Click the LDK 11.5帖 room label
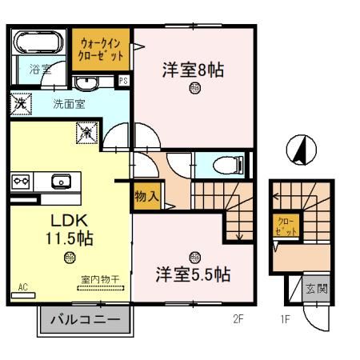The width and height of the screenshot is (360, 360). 70,228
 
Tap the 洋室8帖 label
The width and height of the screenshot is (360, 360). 193,70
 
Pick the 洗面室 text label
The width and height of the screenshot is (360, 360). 70,103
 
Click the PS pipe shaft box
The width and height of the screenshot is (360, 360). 124,81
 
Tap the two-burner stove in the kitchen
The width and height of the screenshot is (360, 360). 22,182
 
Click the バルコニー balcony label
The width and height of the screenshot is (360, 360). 86,322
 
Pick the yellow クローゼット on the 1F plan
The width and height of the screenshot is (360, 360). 286,225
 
